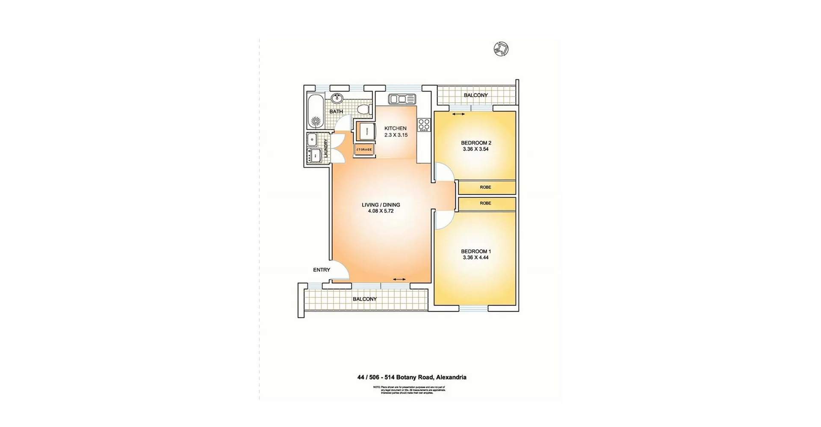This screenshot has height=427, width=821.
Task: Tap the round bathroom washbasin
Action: [x=337, y=98]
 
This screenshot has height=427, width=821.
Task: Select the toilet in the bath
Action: [x=363, y=109]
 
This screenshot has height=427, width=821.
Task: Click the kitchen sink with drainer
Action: [x=402, y=99]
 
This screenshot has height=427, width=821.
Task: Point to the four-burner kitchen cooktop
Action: [x=424, y=125]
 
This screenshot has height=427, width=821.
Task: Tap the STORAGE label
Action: [x=364, y=149]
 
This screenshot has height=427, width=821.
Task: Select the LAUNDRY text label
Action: [x=326, y=148]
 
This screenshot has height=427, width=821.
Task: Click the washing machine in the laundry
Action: [x=316, y=155]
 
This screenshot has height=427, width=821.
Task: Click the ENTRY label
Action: [x=322, y=270]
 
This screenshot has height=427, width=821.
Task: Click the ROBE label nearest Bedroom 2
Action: [x=485, y=187]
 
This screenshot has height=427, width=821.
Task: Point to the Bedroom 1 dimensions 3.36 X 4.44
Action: [x=475, y=258]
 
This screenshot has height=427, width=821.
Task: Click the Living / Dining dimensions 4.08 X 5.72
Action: [x=381, y=211]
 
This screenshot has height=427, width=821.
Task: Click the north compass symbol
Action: [x=501, y=49]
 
